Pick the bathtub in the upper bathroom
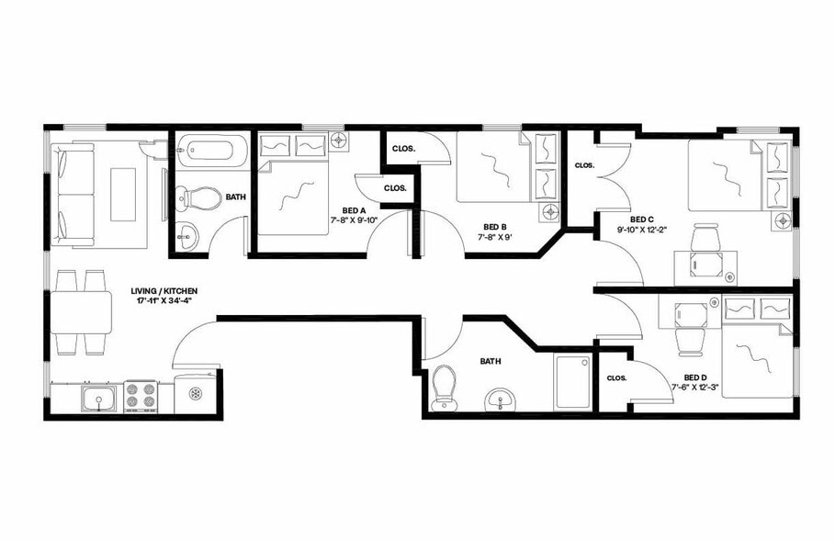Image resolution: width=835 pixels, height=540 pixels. (210, 149)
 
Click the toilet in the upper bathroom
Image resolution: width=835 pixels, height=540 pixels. (200, 196)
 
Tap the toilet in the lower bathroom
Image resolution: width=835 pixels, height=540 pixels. (445, 386)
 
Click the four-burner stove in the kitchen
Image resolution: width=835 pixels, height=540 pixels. (142, 396)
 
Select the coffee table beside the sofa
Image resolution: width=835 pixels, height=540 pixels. (123, 192)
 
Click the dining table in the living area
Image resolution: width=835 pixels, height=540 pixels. (82, 312)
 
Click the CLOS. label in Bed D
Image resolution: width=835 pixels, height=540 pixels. (616, 377)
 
